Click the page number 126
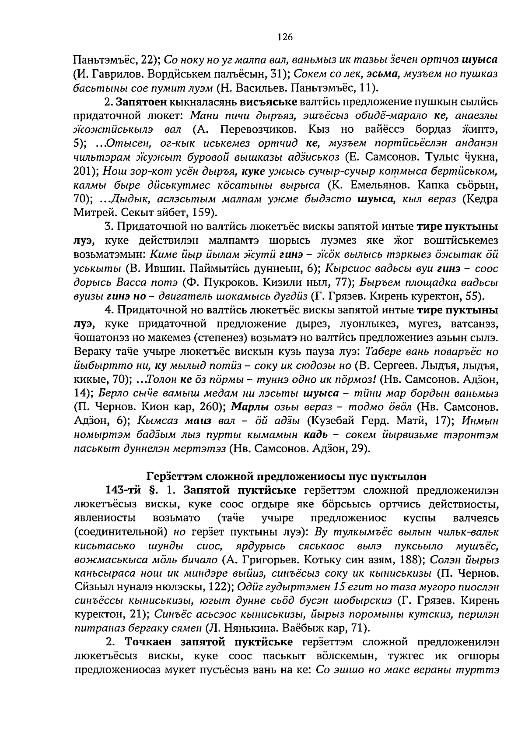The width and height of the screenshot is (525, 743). point(284,37)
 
